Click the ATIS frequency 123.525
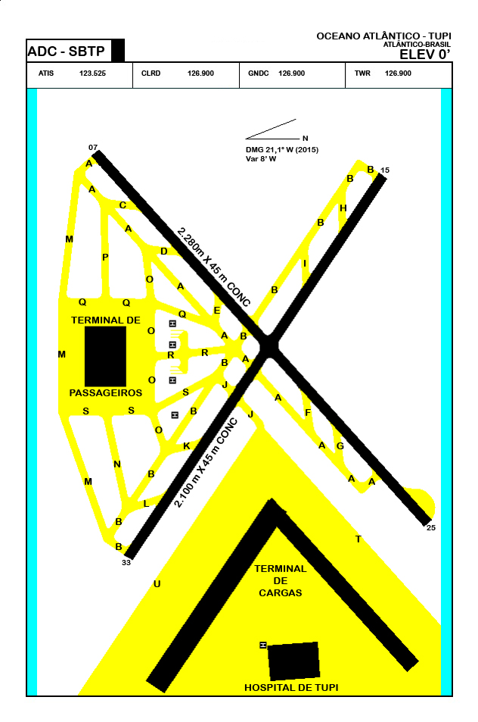(92, 73)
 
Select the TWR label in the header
(362, 73)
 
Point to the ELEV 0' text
(425, 54)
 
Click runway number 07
(93, 147)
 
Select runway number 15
(384, 170)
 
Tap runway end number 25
(431, 527)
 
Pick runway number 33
(126, 563)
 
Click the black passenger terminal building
(105, 356)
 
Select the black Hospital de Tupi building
(293, 661)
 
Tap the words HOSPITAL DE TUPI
(290, 687)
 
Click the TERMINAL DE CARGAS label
(280, 580)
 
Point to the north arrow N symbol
(305, 139)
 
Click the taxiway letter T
(358, 539)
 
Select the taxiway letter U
(157, 583)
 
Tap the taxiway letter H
(343, 208)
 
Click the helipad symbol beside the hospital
(263, 645)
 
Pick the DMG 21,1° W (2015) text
(282, 150)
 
